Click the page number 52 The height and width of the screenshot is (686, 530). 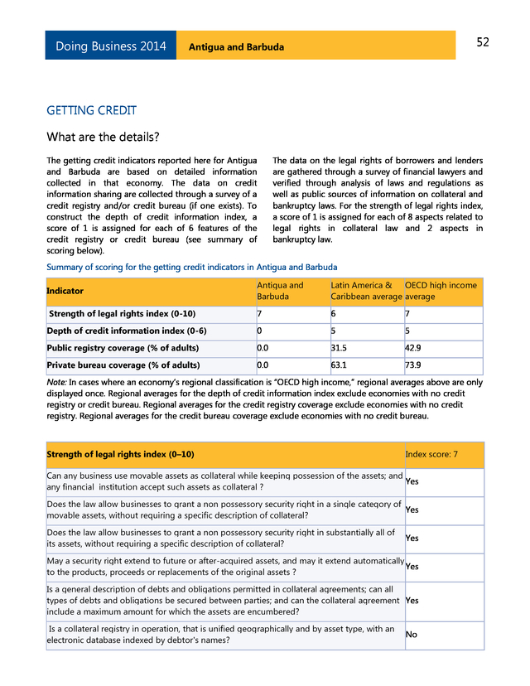(482, 42)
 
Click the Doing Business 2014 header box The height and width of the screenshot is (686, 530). (111, 46)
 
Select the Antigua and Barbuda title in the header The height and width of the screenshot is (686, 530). (236, 47)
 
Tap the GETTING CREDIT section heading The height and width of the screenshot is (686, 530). (91, 110)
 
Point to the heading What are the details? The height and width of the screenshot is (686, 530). (103, 137)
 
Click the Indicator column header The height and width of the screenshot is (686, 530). (65, 291)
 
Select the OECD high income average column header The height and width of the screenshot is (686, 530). (441, 291)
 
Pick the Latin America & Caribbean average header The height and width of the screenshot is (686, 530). (366, 291)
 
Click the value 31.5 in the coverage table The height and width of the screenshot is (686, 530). (338, 348)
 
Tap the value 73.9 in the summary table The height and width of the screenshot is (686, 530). (413, 365)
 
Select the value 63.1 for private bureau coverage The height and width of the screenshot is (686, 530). (338, 365)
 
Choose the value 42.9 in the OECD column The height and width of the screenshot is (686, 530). (413, 348)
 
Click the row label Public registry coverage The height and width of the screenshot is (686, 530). (123, 348)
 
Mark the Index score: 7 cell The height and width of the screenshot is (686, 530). (431, 455)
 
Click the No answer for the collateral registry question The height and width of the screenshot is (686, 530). (412, 635)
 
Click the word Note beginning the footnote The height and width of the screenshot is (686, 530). (56, 382)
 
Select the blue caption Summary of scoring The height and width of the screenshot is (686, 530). (191, 267)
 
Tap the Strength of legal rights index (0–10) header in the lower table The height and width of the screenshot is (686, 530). (120, 455)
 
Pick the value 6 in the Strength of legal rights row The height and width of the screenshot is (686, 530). (334, 314)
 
